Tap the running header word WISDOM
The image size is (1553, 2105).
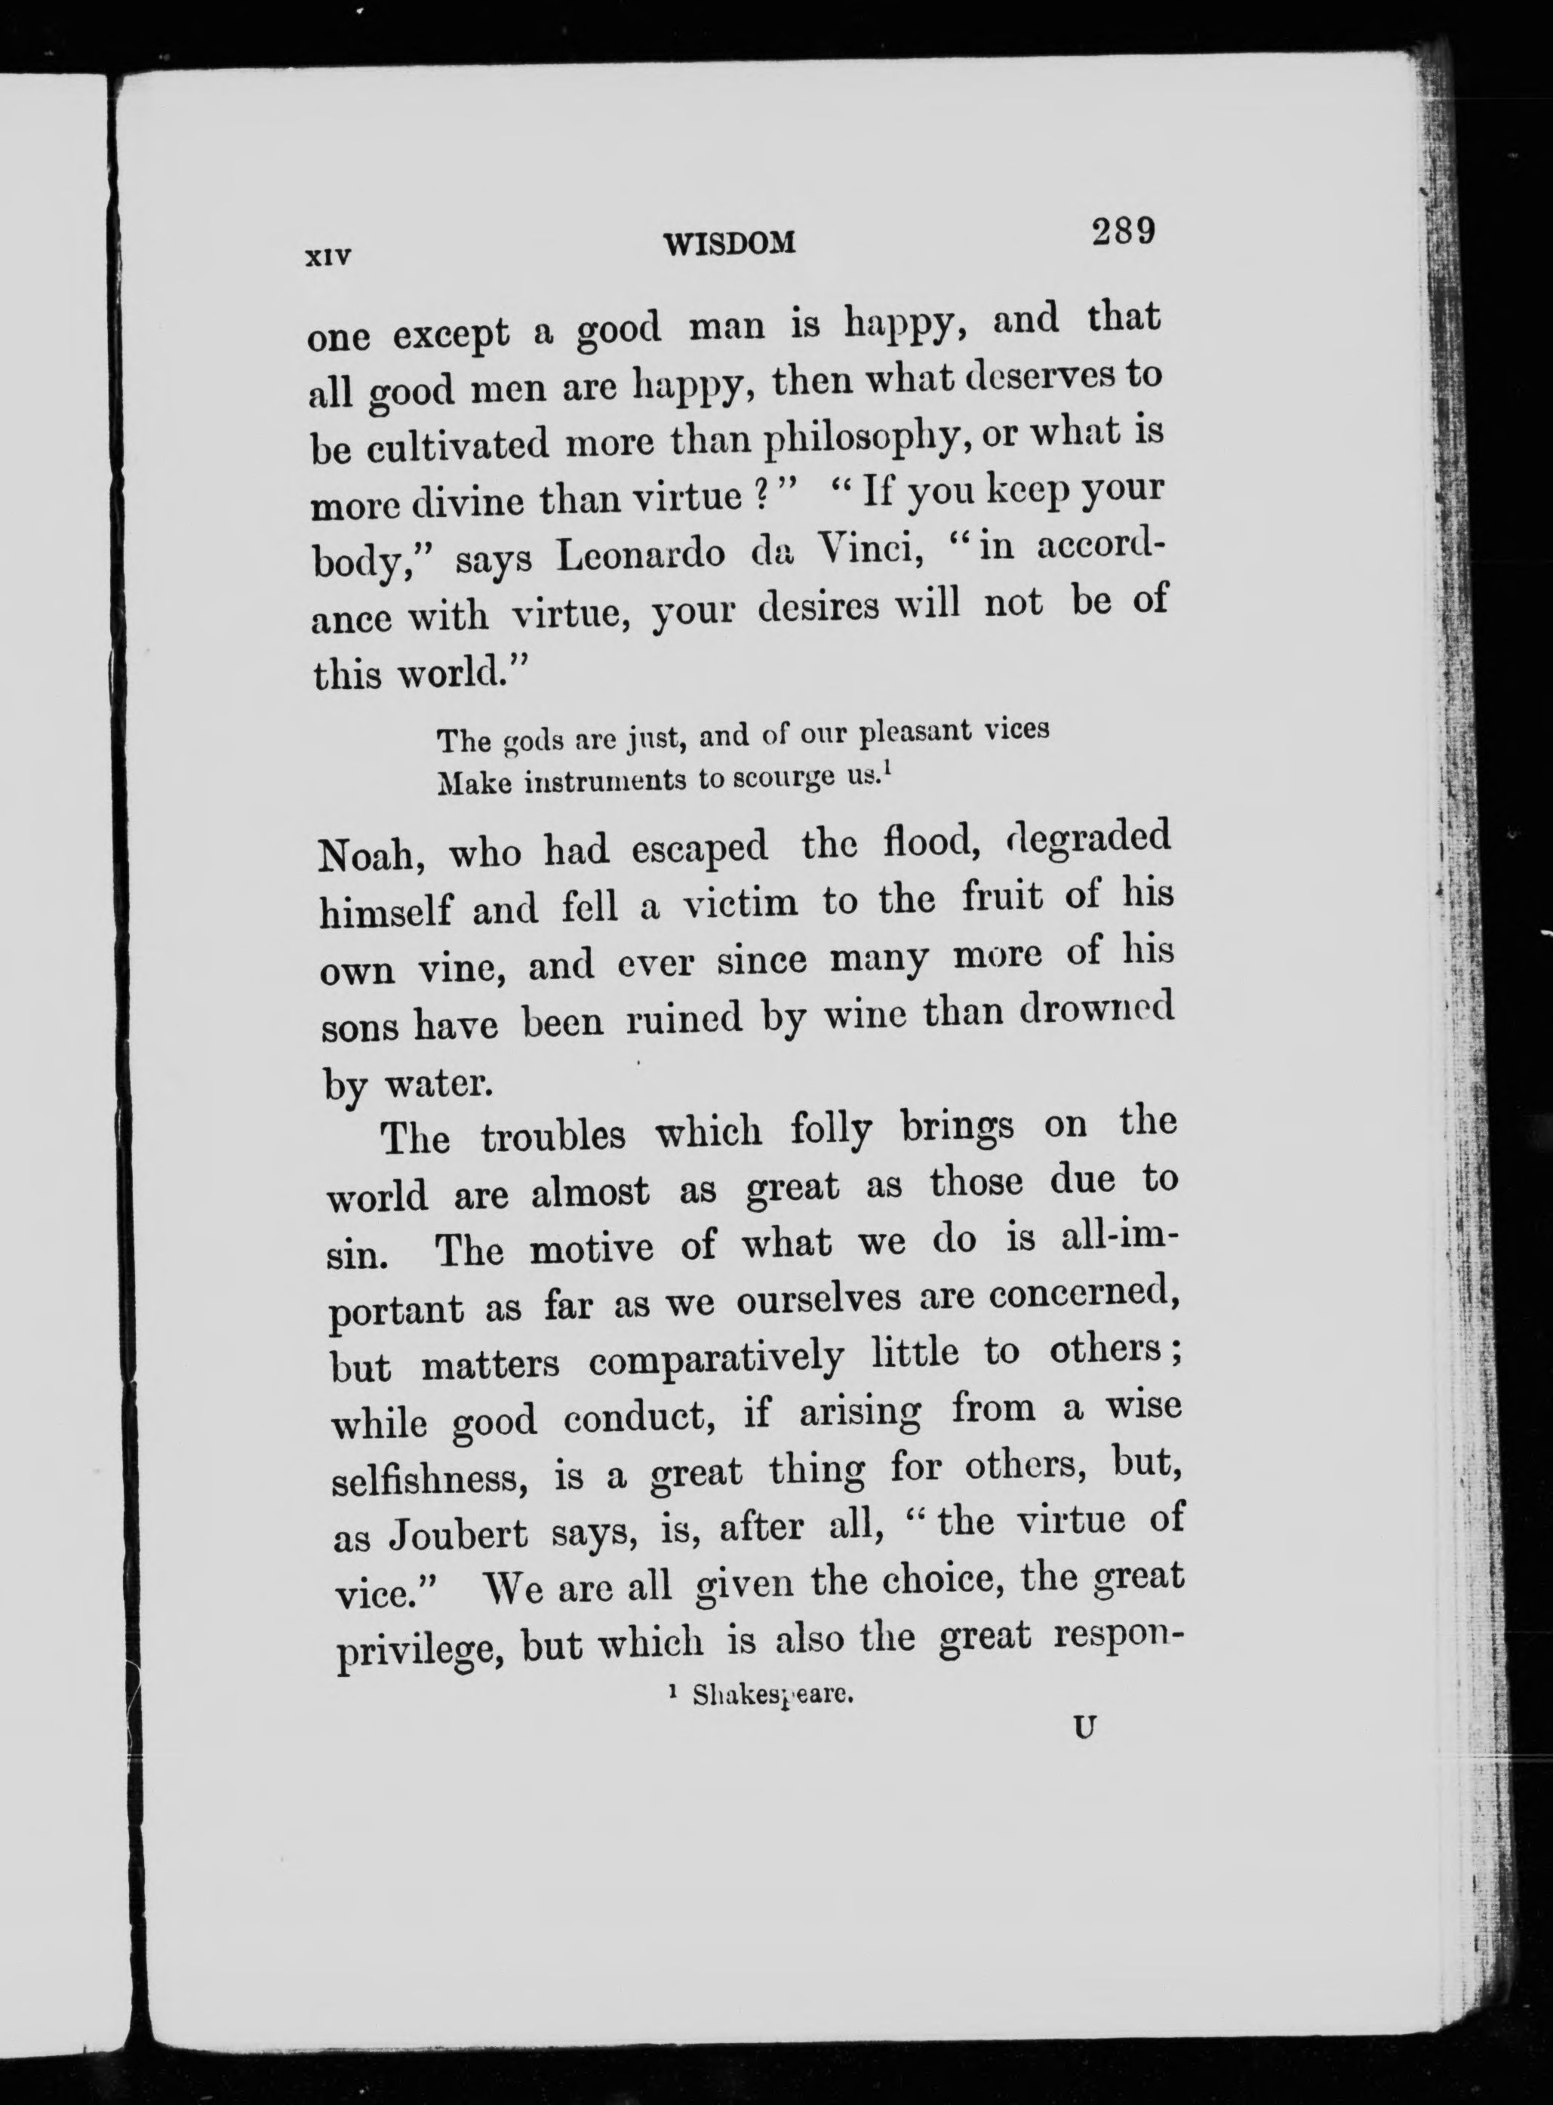[730, 245]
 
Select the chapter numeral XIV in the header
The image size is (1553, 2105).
[328, 256]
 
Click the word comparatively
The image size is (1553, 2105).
[716, 1359]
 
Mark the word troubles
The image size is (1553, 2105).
[553, 1136]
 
